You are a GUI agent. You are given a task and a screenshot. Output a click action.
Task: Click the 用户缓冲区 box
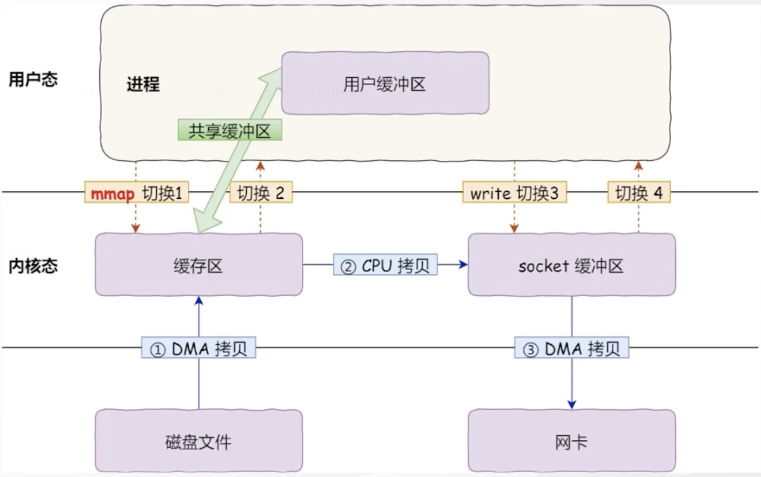pos(385,84)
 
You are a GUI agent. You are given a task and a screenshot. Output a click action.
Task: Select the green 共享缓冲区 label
pos(229,131)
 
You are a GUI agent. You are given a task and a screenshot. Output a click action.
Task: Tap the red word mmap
pos(113,194)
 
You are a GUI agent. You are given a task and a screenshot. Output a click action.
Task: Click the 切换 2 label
pos(261,193)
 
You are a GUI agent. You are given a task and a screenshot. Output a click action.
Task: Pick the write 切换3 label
pos(514,193)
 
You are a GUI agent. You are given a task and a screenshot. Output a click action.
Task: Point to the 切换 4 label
pos(638,193)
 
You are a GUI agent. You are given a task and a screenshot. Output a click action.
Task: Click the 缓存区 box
pos(198,265)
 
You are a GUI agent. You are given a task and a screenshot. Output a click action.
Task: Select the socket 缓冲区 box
pos(571,265)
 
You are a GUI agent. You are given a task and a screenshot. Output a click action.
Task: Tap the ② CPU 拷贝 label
pos(385,265)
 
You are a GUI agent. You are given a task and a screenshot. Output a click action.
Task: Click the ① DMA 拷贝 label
pos(198,348)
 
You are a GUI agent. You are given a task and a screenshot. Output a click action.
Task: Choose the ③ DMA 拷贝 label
pos(571,348)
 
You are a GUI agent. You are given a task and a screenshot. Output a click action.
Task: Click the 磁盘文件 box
pos(198,441)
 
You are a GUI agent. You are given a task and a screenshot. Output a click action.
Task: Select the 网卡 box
pos(571,441)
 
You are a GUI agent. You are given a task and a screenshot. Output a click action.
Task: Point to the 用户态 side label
pos(33,80)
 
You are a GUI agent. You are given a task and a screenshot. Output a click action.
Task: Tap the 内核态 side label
pos(33,266)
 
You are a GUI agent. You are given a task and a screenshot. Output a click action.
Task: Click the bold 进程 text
pos(143,84)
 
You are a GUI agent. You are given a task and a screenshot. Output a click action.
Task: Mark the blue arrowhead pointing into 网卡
pos(571,405)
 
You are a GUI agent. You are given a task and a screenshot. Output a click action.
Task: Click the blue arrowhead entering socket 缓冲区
pos(463,264)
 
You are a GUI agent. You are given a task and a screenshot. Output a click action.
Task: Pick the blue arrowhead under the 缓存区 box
pos(199,301)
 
